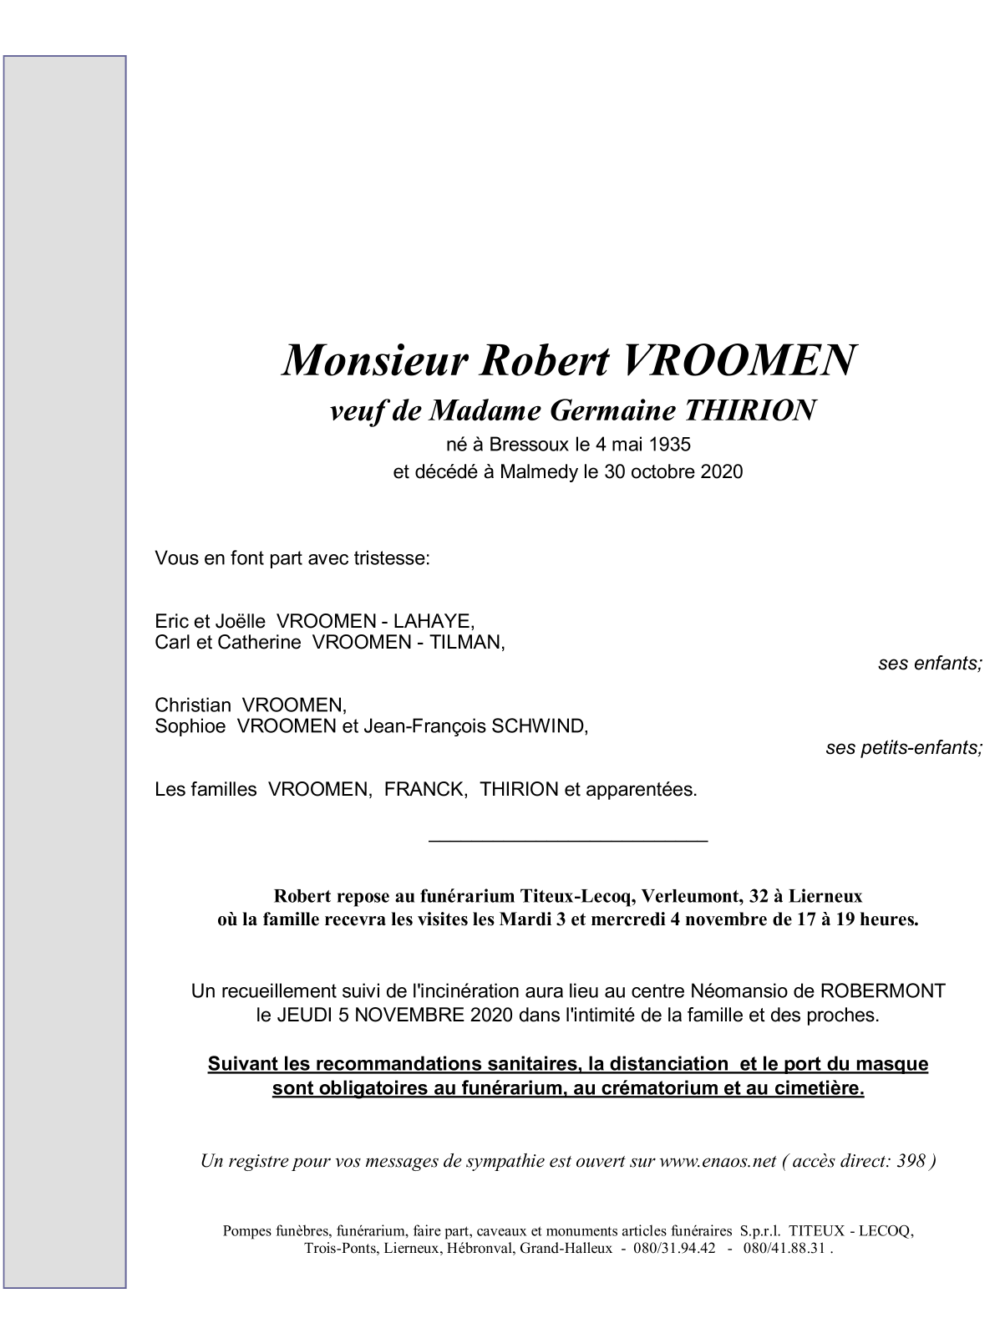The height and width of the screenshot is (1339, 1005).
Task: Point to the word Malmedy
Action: point(539,471)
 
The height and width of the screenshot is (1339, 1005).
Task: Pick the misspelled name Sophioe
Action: point(190,726)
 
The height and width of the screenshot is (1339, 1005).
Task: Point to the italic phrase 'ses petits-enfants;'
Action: point(904,748)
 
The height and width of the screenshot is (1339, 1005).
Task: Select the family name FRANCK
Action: point(424,790)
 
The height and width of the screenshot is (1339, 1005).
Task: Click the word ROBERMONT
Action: point(883,991)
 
